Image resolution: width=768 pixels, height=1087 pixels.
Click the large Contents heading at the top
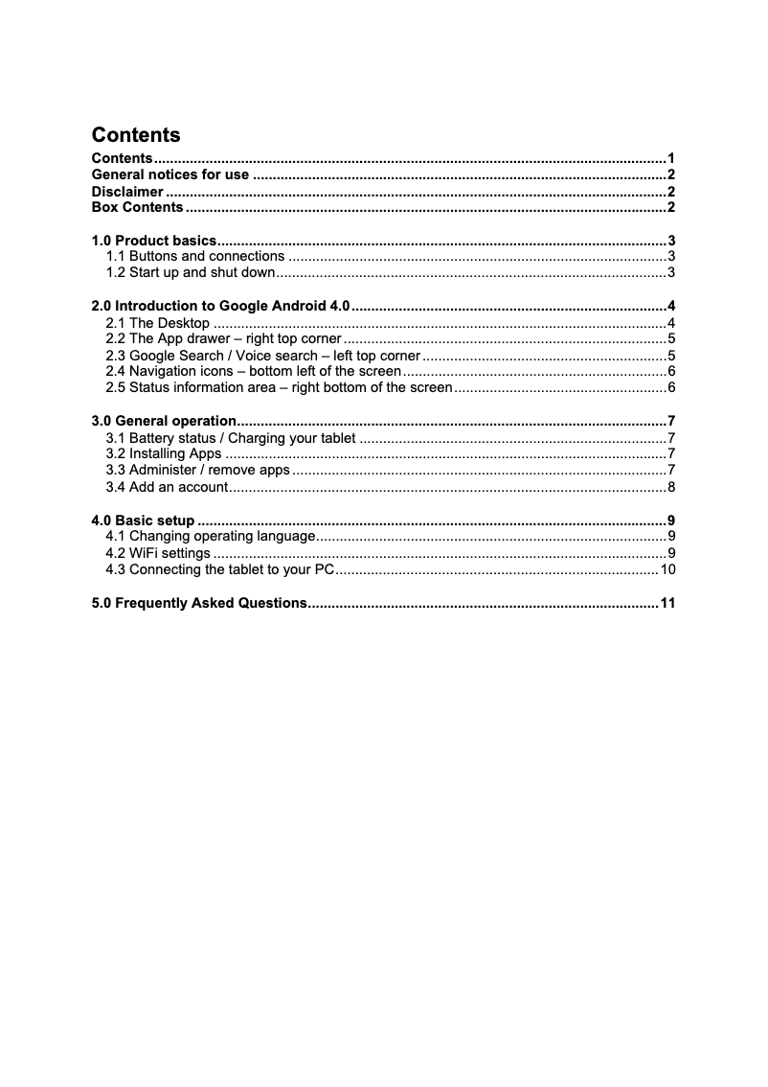coord(135,135)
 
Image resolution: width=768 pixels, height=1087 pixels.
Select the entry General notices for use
coord(170,174)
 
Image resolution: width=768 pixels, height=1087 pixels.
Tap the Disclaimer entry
coord(127,192)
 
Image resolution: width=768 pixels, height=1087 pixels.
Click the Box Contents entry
coord(137,208)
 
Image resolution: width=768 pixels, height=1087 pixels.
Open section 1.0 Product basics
coord(153,241)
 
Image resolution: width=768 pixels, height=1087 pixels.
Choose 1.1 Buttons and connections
coord(195,257)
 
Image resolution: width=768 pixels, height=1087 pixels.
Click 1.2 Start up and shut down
coord(191,273)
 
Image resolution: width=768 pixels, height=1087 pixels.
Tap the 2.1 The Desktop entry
coord(158,323)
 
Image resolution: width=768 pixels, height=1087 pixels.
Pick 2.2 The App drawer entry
coord(223,339)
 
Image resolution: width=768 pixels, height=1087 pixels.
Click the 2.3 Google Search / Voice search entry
coord(262,356)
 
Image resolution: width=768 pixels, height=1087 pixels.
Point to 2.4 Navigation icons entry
coord(254,372)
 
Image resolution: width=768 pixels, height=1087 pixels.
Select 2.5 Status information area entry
coord(279,388)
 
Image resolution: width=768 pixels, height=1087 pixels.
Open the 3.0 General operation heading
coord(164,421)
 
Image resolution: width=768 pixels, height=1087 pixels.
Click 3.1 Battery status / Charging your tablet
coord(231,439)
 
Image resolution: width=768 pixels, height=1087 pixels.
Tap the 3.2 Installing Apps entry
coord(164,454)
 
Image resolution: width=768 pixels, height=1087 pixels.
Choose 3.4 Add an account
coord(167,488)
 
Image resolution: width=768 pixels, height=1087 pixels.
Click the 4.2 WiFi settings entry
coord(158,553)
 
